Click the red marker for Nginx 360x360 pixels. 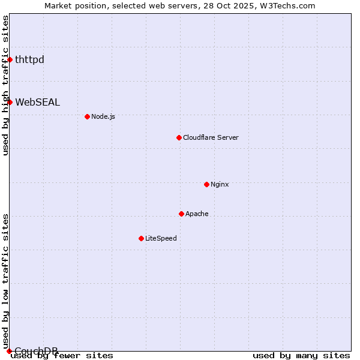coord(206,184)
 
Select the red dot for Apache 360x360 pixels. coord(181,214)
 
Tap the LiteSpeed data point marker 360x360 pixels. coord(141,238)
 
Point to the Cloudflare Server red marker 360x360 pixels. coord(179,137)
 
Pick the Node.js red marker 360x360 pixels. coord(87,116)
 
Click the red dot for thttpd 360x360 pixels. coord(10,59)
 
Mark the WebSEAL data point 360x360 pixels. coord(10,102)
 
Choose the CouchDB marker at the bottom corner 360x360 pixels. coord(9,351)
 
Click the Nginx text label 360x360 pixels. coord(220,184)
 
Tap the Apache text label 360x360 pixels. coord(197,214)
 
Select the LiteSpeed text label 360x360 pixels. coord(161,238)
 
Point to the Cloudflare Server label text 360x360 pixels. coord(211,137)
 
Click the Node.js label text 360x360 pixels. coord(103,116)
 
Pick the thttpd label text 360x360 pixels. coord(29,59)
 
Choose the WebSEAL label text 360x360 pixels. coord(37,102)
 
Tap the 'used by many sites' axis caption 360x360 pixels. coord(301,355)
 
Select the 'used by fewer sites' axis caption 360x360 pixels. coord(62,355)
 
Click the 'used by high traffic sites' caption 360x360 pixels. coord(5,85)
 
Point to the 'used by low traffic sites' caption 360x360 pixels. coord(5,281)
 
